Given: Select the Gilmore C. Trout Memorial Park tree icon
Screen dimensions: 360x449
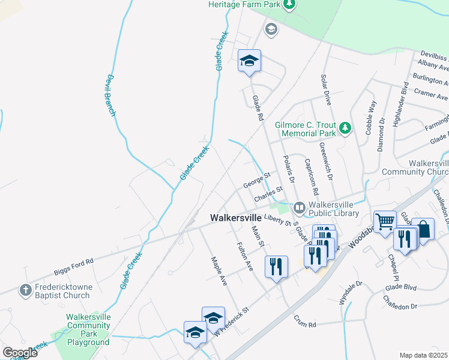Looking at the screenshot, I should coord(345,127).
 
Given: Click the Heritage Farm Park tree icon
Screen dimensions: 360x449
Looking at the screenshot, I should coord(289,5).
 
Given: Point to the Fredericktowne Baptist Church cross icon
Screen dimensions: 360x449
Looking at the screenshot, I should coord(25,290).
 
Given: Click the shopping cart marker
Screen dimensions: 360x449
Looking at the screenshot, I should coord(384,222).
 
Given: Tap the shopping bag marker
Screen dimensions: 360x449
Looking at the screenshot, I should coord(423,229).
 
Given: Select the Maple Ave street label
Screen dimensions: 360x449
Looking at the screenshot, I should coord(217,271).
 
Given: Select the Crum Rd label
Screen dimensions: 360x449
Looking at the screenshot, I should coord(304,322).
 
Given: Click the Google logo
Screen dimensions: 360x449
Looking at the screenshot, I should coord(20,353).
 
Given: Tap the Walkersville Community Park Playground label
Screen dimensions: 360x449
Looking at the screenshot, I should coord(88,329).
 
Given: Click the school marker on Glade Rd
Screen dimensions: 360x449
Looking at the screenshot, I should coord(249,61).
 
